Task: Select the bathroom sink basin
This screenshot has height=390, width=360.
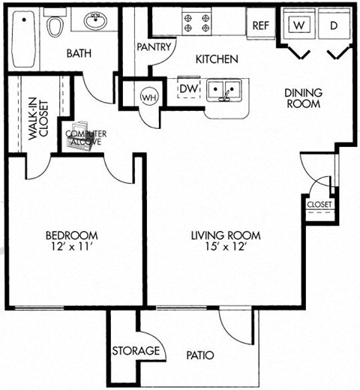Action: [95, 22]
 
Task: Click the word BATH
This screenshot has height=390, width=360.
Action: [78, 53]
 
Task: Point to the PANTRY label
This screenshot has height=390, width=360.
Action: [155, 46]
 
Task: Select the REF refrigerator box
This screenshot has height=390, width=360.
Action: [260, 25]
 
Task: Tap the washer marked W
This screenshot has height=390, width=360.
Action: [300, 25]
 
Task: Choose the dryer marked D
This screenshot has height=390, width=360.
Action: [334, 25]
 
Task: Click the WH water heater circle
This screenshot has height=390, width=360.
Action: [148, 96]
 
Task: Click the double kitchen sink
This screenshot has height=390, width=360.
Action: [223, 91]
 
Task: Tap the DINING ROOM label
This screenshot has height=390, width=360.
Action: [302, 98]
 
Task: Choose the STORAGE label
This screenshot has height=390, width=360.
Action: [136, 351]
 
